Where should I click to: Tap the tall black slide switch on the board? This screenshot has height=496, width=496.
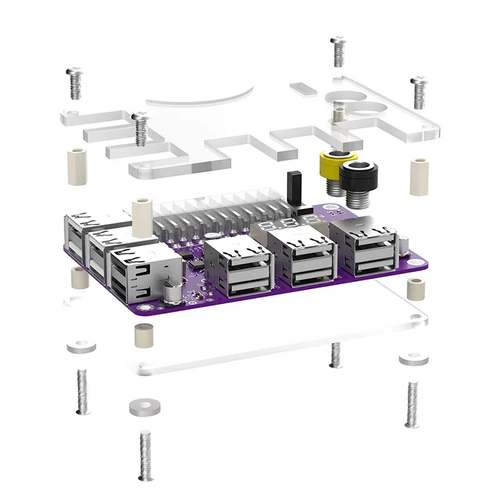(293, 189)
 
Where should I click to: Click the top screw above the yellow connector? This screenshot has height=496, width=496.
(338, 51)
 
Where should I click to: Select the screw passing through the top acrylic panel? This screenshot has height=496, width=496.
(141, 130)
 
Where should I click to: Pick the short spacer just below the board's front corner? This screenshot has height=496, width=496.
(143, 335)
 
